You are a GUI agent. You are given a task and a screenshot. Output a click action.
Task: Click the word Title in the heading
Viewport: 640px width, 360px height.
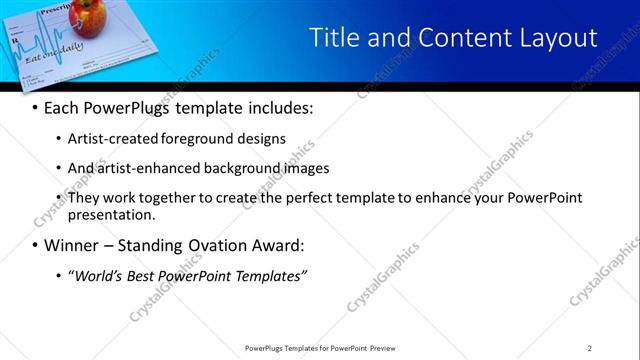point(333,38)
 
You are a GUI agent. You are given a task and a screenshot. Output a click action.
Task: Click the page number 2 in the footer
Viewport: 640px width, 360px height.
point(590,348)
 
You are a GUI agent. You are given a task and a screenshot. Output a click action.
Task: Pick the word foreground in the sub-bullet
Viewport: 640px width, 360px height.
point(195,138)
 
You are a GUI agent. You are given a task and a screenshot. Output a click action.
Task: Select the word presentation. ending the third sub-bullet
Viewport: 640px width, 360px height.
point(112,214)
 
